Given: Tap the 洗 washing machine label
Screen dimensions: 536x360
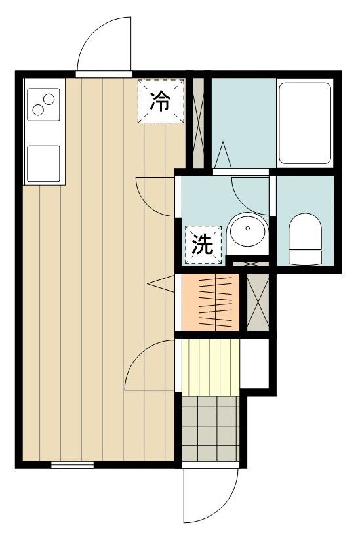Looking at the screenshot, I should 203,245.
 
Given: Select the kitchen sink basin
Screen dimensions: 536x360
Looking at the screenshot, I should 43,163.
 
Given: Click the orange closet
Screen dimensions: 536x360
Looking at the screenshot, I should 210,302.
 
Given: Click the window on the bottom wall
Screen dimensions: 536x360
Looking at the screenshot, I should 72,465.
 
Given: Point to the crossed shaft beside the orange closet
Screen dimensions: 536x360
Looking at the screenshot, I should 257,302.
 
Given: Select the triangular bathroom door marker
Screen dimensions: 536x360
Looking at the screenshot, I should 222,155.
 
